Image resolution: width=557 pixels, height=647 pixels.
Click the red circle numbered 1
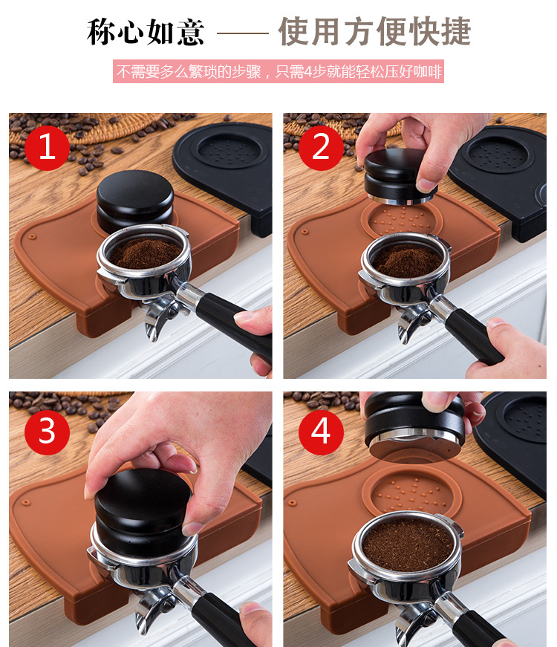(x=47, y=148)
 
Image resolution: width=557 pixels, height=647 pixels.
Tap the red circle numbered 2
(x=321, y=148)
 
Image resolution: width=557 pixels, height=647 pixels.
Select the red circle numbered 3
(x=47, y=432)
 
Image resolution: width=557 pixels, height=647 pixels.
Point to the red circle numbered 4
(x=321, y=432)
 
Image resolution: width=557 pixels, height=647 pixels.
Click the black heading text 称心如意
(x=146, y=32)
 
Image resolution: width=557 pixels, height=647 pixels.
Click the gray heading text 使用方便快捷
(x=374, y=31)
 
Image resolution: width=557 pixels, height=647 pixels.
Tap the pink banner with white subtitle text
(x=278, y=71)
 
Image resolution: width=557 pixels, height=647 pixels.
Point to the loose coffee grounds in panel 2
(x=407, y=260)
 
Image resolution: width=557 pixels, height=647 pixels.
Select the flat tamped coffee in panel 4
(x=408, y=544)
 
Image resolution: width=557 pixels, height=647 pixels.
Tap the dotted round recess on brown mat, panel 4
(x=411, y=491)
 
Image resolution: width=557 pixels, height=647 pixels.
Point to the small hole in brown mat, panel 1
(x=32, y=237)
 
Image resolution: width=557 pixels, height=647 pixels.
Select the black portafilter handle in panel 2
(x=473, y=336)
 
